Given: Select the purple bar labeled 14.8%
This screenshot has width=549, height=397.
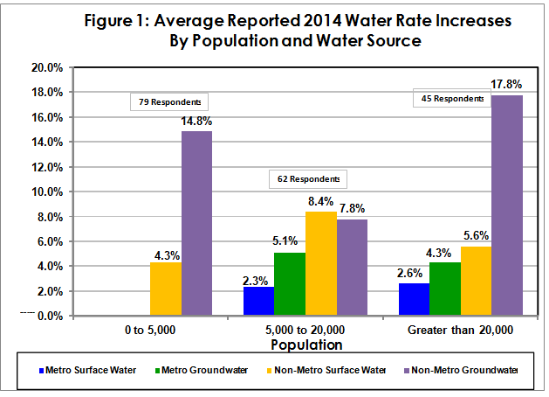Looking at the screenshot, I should (196, 224).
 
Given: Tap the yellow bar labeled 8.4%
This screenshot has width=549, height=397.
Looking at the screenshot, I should (321, 263).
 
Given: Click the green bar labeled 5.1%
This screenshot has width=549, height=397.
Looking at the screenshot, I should (290, 283).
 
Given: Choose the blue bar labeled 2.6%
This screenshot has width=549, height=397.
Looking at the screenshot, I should (414, 299).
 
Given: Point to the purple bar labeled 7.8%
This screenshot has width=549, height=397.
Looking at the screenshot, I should (352, 267).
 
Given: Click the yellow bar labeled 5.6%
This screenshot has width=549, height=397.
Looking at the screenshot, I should (477, 281).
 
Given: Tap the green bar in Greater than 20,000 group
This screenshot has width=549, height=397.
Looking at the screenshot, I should (445, 289).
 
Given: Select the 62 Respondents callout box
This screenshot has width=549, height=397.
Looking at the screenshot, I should (307, 179).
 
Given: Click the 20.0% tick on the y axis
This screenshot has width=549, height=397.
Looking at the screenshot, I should (45, 67).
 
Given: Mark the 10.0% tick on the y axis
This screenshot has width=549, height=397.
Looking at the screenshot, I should (45, 192).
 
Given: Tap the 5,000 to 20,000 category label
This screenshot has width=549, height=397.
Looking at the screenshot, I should (305, 331).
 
